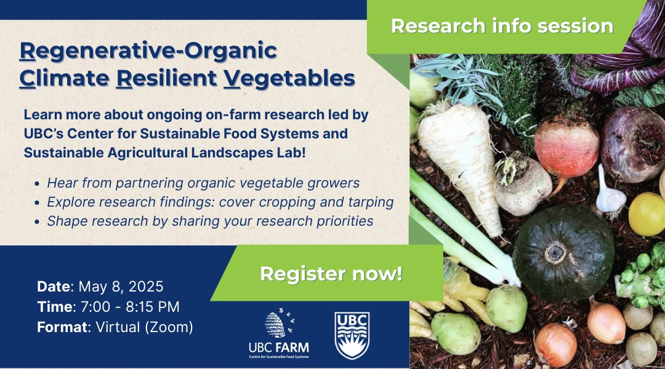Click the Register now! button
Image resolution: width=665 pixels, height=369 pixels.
coord(331,274)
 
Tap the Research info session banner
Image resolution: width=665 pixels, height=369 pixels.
coord(502,26)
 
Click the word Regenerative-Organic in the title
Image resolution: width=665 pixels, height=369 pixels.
coord(148,50)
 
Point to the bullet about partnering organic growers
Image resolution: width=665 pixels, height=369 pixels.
coord(203,183)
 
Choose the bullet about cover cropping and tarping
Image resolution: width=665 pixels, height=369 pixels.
coord(220,202)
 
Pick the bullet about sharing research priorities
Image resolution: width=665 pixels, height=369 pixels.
coord(210,221)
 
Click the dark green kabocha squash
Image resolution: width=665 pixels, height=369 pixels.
coord(555,252)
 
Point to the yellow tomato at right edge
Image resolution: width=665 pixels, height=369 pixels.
coord(648,213)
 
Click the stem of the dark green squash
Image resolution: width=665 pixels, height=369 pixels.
coord(557,252)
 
